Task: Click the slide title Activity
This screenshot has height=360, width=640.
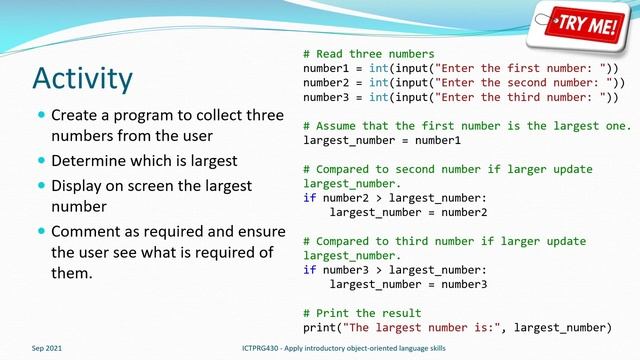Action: [82, 78]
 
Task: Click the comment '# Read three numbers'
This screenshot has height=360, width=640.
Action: [368, 53]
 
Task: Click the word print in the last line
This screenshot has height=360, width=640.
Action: [319, 327]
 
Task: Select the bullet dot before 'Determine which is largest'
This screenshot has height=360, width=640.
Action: [40, 160]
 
